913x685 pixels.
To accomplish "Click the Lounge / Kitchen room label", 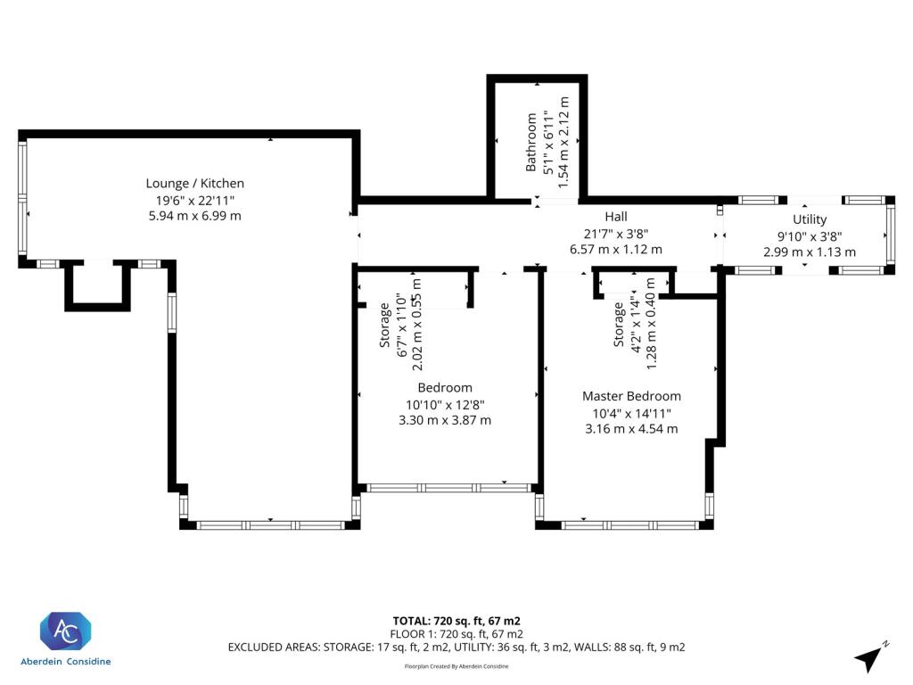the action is click(194, 184).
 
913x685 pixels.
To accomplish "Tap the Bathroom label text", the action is click(531, 142).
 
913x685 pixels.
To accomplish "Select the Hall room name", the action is click(616, 217).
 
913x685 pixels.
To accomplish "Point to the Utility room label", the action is click(810, 219).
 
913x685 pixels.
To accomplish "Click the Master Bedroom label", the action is click(631, 396).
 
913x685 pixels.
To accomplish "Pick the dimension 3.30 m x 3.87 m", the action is click(445, 420).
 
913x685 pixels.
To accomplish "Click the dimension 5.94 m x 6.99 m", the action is click(195, 216).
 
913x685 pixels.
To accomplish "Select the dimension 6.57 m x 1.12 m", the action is click(616, 250).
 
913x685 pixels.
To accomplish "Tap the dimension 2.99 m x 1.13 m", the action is click(810, 252).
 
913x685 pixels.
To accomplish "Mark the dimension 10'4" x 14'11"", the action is click(631, 414).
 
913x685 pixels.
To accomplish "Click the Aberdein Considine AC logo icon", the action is click(65, 631).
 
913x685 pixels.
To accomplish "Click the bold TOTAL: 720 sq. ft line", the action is click(456, 621).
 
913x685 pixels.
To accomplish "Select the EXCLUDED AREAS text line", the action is click(456, 648).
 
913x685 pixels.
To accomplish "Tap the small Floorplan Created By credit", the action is click(456, 666).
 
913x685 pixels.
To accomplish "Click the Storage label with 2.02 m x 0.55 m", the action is click(384, 325).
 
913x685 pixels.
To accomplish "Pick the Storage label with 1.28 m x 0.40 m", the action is click(619, 325).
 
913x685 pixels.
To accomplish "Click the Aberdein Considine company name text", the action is click(65, 662).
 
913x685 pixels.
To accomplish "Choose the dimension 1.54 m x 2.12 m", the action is click(563, 142).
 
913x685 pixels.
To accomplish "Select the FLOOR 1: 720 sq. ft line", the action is click(456, 634).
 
